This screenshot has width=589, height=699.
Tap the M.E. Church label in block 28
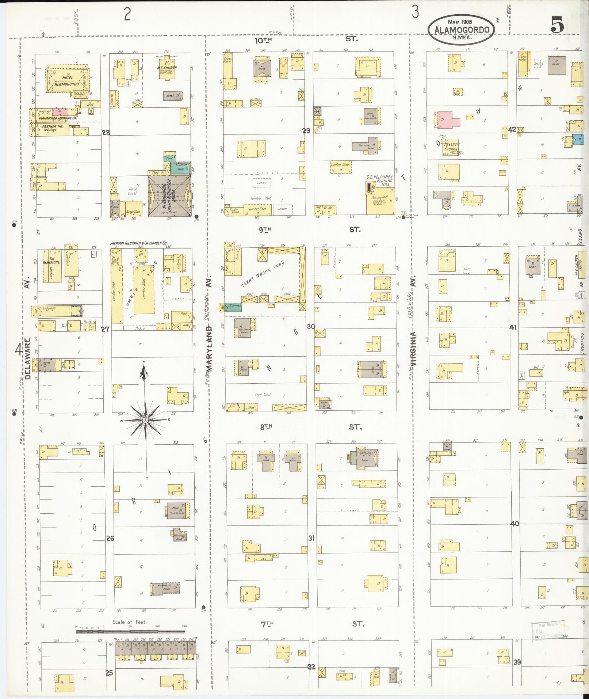coord(167,68)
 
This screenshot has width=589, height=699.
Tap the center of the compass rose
coord(145,421)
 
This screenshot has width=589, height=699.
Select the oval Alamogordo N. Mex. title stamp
coord(462,30)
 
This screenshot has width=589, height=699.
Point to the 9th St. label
coord(267,229)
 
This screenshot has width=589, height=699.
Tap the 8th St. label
coord(267,426)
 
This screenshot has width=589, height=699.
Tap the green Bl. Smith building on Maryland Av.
coord(233,306)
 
